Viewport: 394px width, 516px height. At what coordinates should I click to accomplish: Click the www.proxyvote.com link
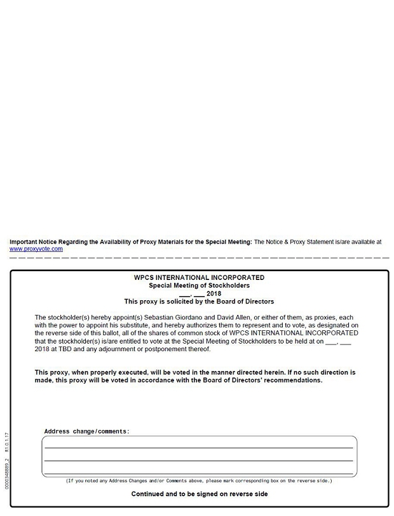[36, 249]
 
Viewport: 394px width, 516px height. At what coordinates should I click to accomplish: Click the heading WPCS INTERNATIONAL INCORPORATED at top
[199, 278]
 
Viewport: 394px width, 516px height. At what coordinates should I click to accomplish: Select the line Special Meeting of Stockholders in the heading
[199, 286]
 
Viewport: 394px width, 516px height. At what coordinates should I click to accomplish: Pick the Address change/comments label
[86, 431]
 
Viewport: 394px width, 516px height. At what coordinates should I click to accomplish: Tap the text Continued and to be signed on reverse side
[199, 494]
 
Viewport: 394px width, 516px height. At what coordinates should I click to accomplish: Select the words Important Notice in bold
[34, 242]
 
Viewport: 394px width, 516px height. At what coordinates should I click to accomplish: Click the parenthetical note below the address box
[199, 481]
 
